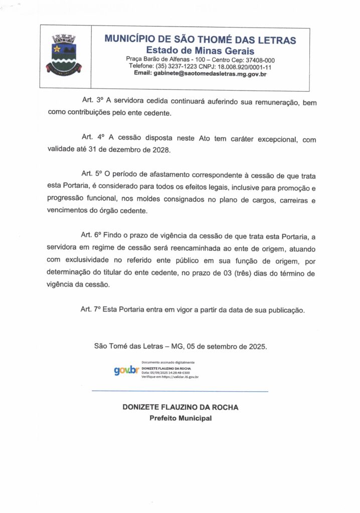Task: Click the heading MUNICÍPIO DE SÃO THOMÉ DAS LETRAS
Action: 200,40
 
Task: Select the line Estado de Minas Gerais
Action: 200,51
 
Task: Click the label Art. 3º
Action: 92,102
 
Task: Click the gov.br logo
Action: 126,370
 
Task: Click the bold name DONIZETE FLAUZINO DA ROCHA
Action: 181,407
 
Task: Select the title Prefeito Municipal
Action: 181,418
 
